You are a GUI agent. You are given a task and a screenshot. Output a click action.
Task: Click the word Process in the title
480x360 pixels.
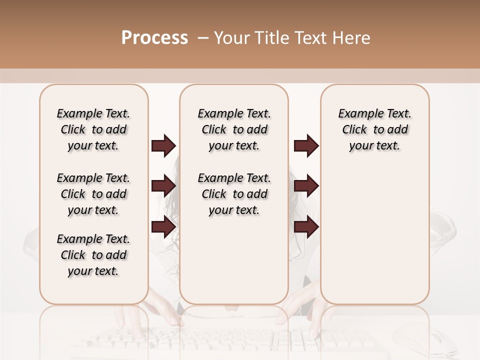[154, 38]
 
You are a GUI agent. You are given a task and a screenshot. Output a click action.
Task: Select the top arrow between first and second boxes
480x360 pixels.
[163, 145]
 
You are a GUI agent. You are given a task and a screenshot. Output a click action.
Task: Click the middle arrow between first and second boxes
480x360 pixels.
[163, 186]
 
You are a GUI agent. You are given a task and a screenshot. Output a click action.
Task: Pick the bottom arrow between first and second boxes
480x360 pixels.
[163, 227]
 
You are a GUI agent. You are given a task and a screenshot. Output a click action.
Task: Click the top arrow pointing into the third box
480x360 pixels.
[306, 145]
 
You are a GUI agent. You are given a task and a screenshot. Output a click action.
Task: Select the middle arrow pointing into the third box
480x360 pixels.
[306, 186]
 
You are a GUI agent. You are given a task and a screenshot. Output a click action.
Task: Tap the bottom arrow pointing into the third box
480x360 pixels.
[306, 227]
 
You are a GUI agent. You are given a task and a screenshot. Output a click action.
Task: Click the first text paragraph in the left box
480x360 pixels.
[93, 129]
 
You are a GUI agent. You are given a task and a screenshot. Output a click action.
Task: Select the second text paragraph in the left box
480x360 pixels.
[93, 194]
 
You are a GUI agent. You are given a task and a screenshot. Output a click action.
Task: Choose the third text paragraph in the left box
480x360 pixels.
[93, 255]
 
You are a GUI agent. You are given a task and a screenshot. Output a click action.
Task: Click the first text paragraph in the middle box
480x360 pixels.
[234, 129]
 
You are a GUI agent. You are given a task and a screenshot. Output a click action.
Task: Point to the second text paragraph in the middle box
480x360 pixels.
[234, 194]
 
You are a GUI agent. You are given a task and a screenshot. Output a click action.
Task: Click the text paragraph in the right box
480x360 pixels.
[374, 129]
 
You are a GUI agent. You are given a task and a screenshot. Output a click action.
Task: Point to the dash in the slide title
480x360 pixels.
[203, 38]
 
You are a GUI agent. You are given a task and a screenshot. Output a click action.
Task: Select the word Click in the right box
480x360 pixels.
[354, 130]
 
